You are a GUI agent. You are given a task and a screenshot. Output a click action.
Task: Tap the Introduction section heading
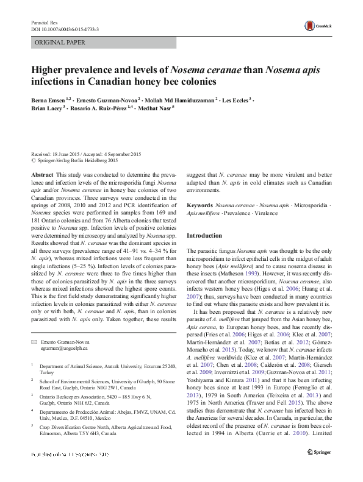coord(204,235)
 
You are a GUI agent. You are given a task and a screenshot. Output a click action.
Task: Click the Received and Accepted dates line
coord(86,154)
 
